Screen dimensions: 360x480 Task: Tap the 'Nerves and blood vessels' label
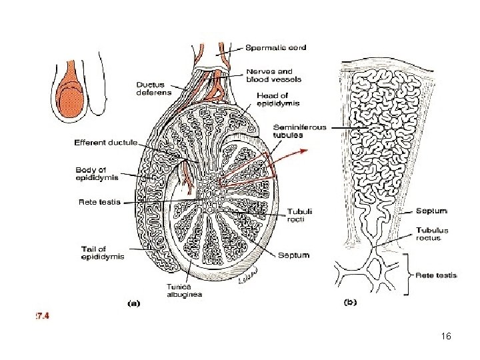click(x=273, y=75)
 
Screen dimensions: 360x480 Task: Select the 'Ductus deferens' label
click(x=154, y=89)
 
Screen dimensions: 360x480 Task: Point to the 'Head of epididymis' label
click(x=278, y=99)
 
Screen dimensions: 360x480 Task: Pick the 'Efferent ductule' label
click(x=105, y=142)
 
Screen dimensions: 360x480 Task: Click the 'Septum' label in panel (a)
click(x=293, y=254)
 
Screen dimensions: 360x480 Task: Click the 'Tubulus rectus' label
click(x=432, y=234)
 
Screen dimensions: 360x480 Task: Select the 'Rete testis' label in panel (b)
click(x=437, y=274)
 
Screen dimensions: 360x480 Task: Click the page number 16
click(x=446, y=337)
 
